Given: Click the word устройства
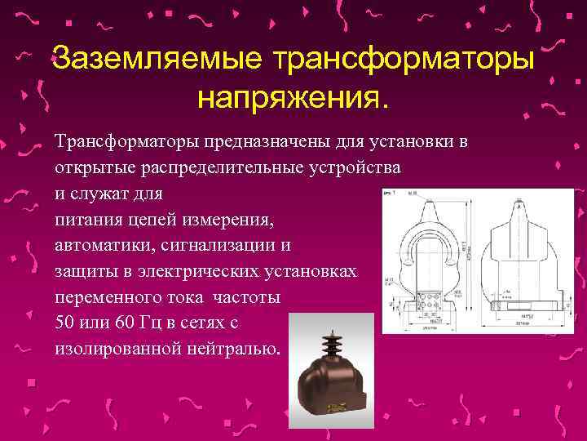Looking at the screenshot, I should pos(353,168).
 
